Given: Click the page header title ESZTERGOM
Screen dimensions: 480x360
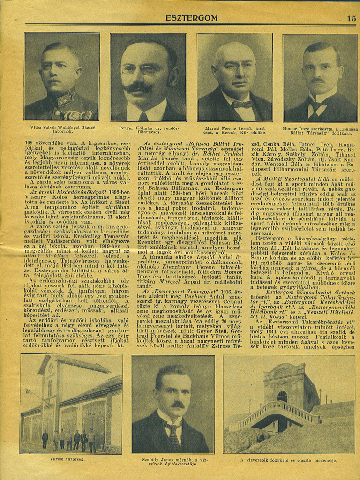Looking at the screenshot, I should click(191, 18).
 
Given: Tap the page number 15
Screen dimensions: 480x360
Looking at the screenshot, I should click(351, 18).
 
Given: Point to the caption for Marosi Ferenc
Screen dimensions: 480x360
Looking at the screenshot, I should click(235, 130).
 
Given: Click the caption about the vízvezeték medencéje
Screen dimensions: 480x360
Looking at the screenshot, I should click(288, 460).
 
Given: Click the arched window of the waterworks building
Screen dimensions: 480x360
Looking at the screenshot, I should click(282, 397).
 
